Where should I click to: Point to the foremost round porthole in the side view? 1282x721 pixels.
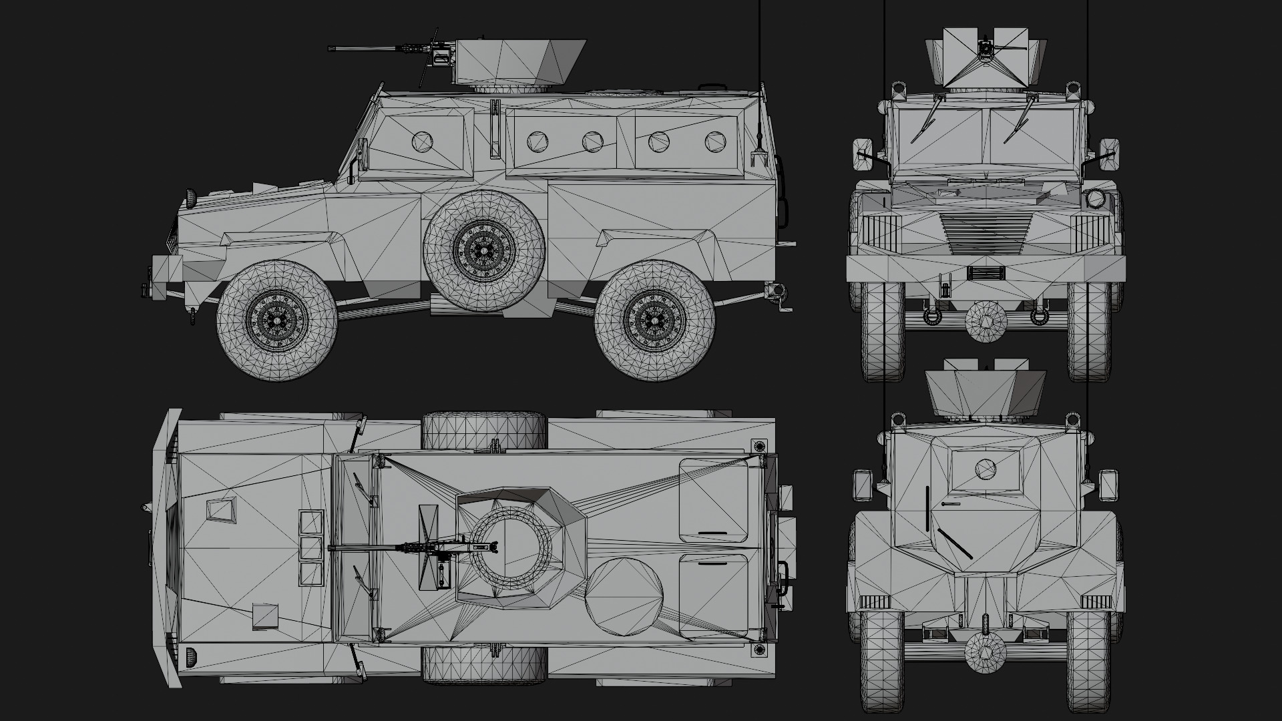coord(423,142)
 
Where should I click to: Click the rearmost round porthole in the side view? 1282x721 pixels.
coord(714,142)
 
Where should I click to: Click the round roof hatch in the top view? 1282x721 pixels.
coord(624,597)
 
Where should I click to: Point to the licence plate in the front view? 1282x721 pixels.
coord(986,272)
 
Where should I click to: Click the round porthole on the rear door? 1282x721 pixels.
coord(985,469)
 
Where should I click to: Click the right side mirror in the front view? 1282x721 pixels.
coord(1109,153)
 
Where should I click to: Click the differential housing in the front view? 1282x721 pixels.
coord(986,322)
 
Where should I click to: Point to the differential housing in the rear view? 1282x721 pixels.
coord(986,650)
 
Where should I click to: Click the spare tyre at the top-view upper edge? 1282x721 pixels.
coord(484,429)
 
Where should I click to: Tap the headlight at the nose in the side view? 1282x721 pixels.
coord(192,198)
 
